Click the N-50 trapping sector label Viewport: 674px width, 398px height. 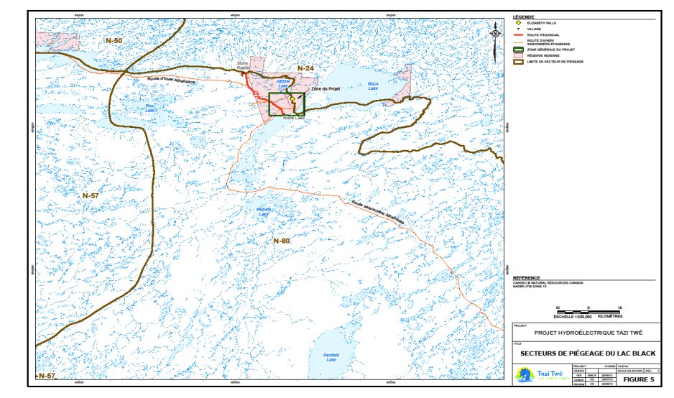pyautogui.click(x=114, y=42)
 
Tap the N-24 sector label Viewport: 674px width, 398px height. pyautogui.click(x=307, y=68)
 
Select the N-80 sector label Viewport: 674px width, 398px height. pyautogui.click(x=281, y=240)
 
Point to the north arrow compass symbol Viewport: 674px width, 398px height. pyautogui.click(x=496, y=33)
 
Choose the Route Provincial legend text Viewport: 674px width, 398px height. pyautogui.click(x=544, y=34)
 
